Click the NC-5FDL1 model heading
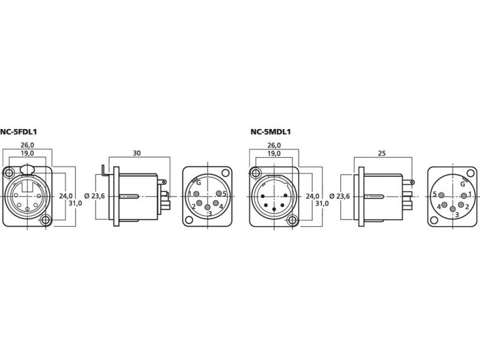(19, 132)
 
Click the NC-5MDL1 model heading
(271, 132)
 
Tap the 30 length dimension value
(137, 153)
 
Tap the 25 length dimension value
(382, 153)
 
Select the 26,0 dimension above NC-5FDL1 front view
(27, 145)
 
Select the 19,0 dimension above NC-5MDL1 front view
(274, 154)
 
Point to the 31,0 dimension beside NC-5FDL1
(75, 203)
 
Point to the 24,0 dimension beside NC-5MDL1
(313, 196)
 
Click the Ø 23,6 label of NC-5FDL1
(95, 196)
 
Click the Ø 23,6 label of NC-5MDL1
(340, 196)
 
